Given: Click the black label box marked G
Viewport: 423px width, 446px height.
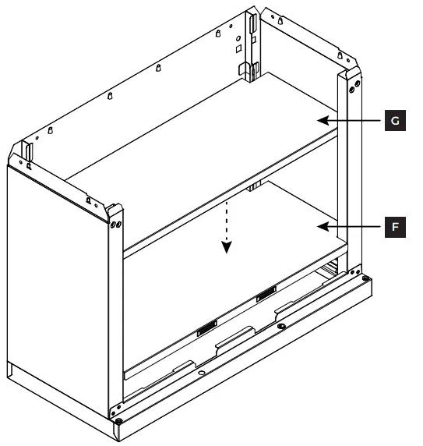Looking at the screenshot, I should pyautogui.click(x=395, y=121).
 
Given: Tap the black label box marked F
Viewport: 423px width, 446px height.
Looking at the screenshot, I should pyautogui.click(x=395, y=228).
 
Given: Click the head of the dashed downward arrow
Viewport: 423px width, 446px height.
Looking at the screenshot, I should pyautogui.click(x=226, y=248).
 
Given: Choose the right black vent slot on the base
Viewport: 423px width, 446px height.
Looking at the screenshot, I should pyautogui.click(x=266, y=294).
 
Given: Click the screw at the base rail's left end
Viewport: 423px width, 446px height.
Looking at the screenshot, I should pyautogui.click(x=118, y=421).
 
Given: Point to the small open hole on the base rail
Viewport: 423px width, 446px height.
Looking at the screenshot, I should pyautogui.click(x=202, y=373).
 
